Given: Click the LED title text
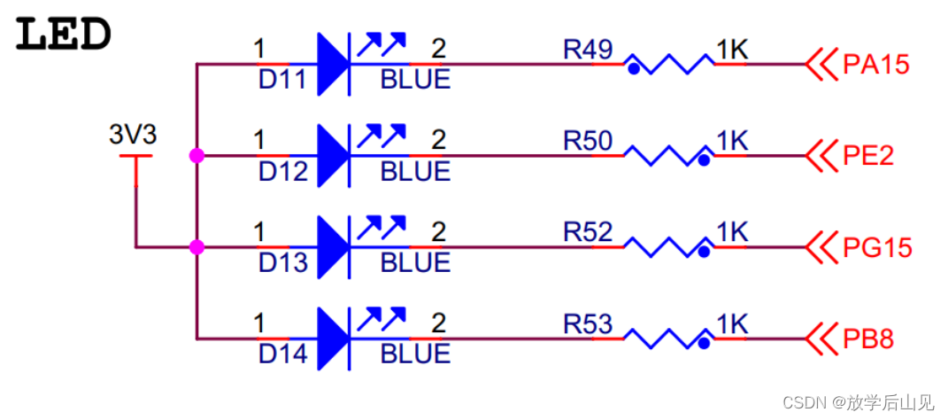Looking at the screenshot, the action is (64, 35).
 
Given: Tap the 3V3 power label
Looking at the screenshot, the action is (133, 136).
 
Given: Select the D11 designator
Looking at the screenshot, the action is (282, 81).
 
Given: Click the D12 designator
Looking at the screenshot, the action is (282, 172).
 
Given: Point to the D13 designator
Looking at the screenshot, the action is (282, 263).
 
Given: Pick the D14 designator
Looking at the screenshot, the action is (282, 354).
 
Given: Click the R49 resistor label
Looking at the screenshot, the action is (588, 50).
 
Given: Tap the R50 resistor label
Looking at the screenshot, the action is (588, 141).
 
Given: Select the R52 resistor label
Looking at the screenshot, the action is (588, 232).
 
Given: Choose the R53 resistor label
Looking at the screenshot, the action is (588, 324).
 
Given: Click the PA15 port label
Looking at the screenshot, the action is (876, 65).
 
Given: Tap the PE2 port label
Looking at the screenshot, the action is (868, 156).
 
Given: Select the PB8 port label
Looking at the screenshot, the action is (868, 338).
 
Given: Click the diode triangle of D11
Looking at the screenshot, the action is (330, 64).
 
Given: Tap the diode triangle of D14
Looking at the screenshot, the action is (330, 338).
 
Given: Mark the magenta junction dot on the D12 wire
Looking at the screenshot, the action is (197, 156).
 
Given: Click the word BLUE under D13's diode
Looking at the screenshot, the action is (415, 263).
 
